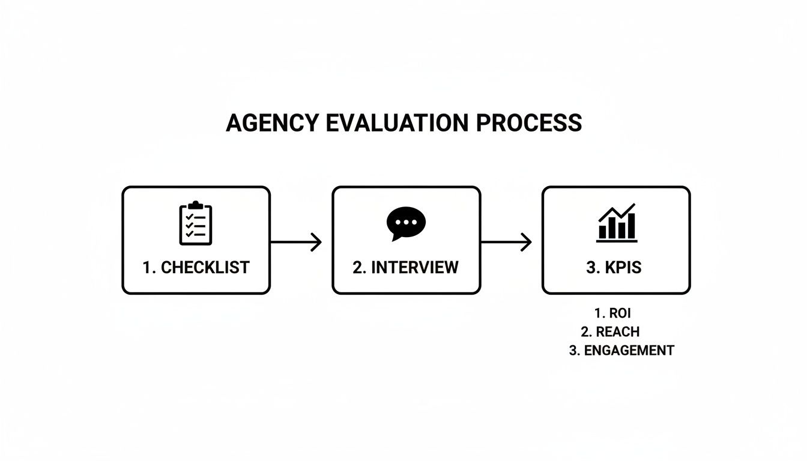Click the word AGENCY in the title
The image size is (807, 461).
pyautogui.click(x=273, y=123)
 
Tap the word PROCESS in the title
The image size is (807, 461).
pyautogui.click(x=528, y=123)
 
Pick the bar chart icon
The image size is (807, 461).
pyautogui.click(x=617, y=223)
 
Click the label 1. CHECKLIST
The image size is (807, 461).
pyautogui.click(x=196, y=268)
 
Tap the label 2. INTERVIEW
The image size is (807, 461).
pyautogui.click(x=406, y=268)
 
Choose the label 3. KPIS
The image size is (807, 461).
pyautogui.click(x=614, y=268)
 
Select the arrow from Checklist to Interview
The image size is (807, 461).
pyautogui.click(x=296, y=243)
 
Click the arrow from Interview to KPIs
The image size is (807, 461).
pyautogui.click(x=506, y=243)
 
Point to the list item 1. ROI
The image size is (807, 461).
pyautogui.click(x=612, y=313)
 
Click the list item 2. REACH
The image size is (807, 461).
pyautogui.click(x=610, y=332)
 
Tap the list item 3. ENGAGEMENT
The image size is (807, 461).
pyautogui.click(x=621, y=351)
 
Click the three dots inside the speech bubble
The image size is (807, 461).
pyautogui.click(x=406, y=221)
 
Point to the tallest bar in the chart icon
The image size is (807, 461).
pyautogui.click(x=630, y=226)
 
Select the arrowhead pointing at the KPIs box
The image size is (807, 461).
pyautogui.click(x=527, y=243)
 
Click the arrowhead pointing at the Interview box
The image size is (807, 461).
pyautogui.click(x=317, y=243)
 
